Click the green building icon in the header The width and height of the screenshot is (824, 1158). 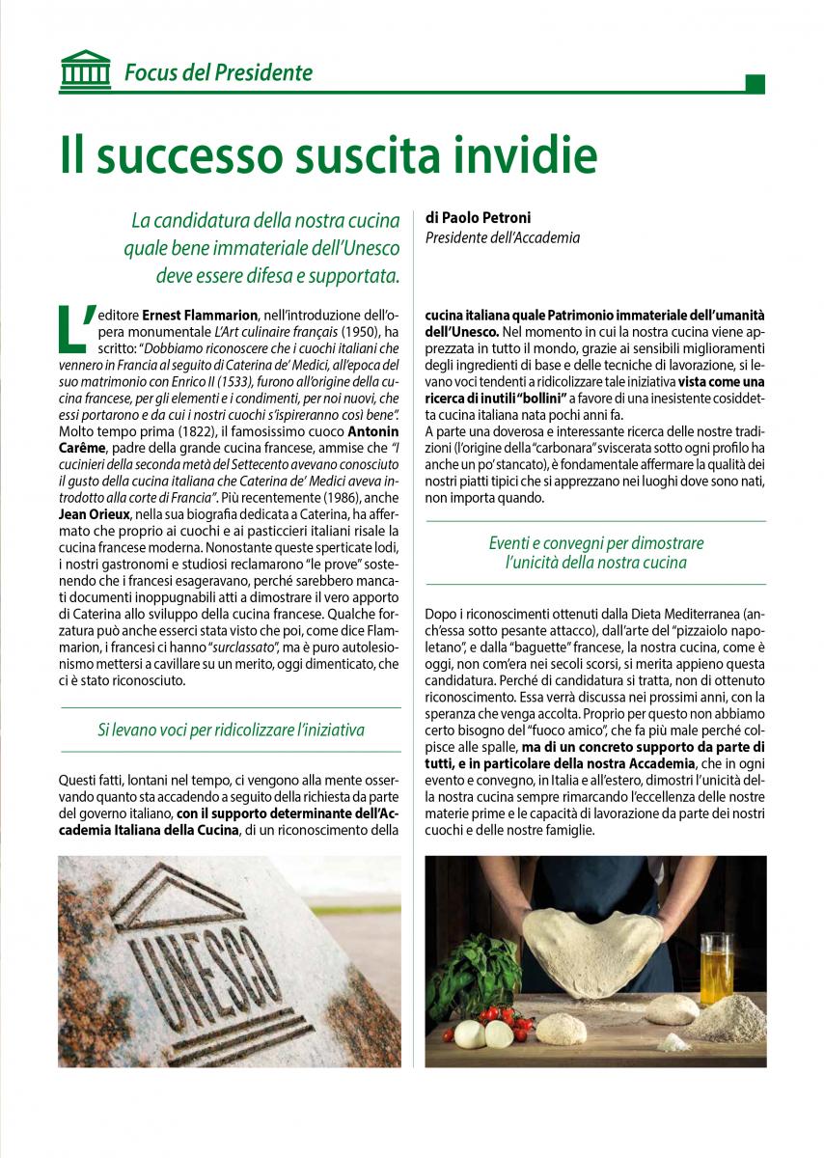[85, 69]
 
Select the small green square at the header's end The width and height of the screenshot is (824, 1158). [755, 83]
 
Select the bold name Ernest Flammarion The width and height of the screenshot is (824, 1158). [201, 315]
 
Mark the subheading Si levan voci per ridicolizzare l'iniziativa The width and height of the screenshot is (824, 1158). [231, 730]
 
